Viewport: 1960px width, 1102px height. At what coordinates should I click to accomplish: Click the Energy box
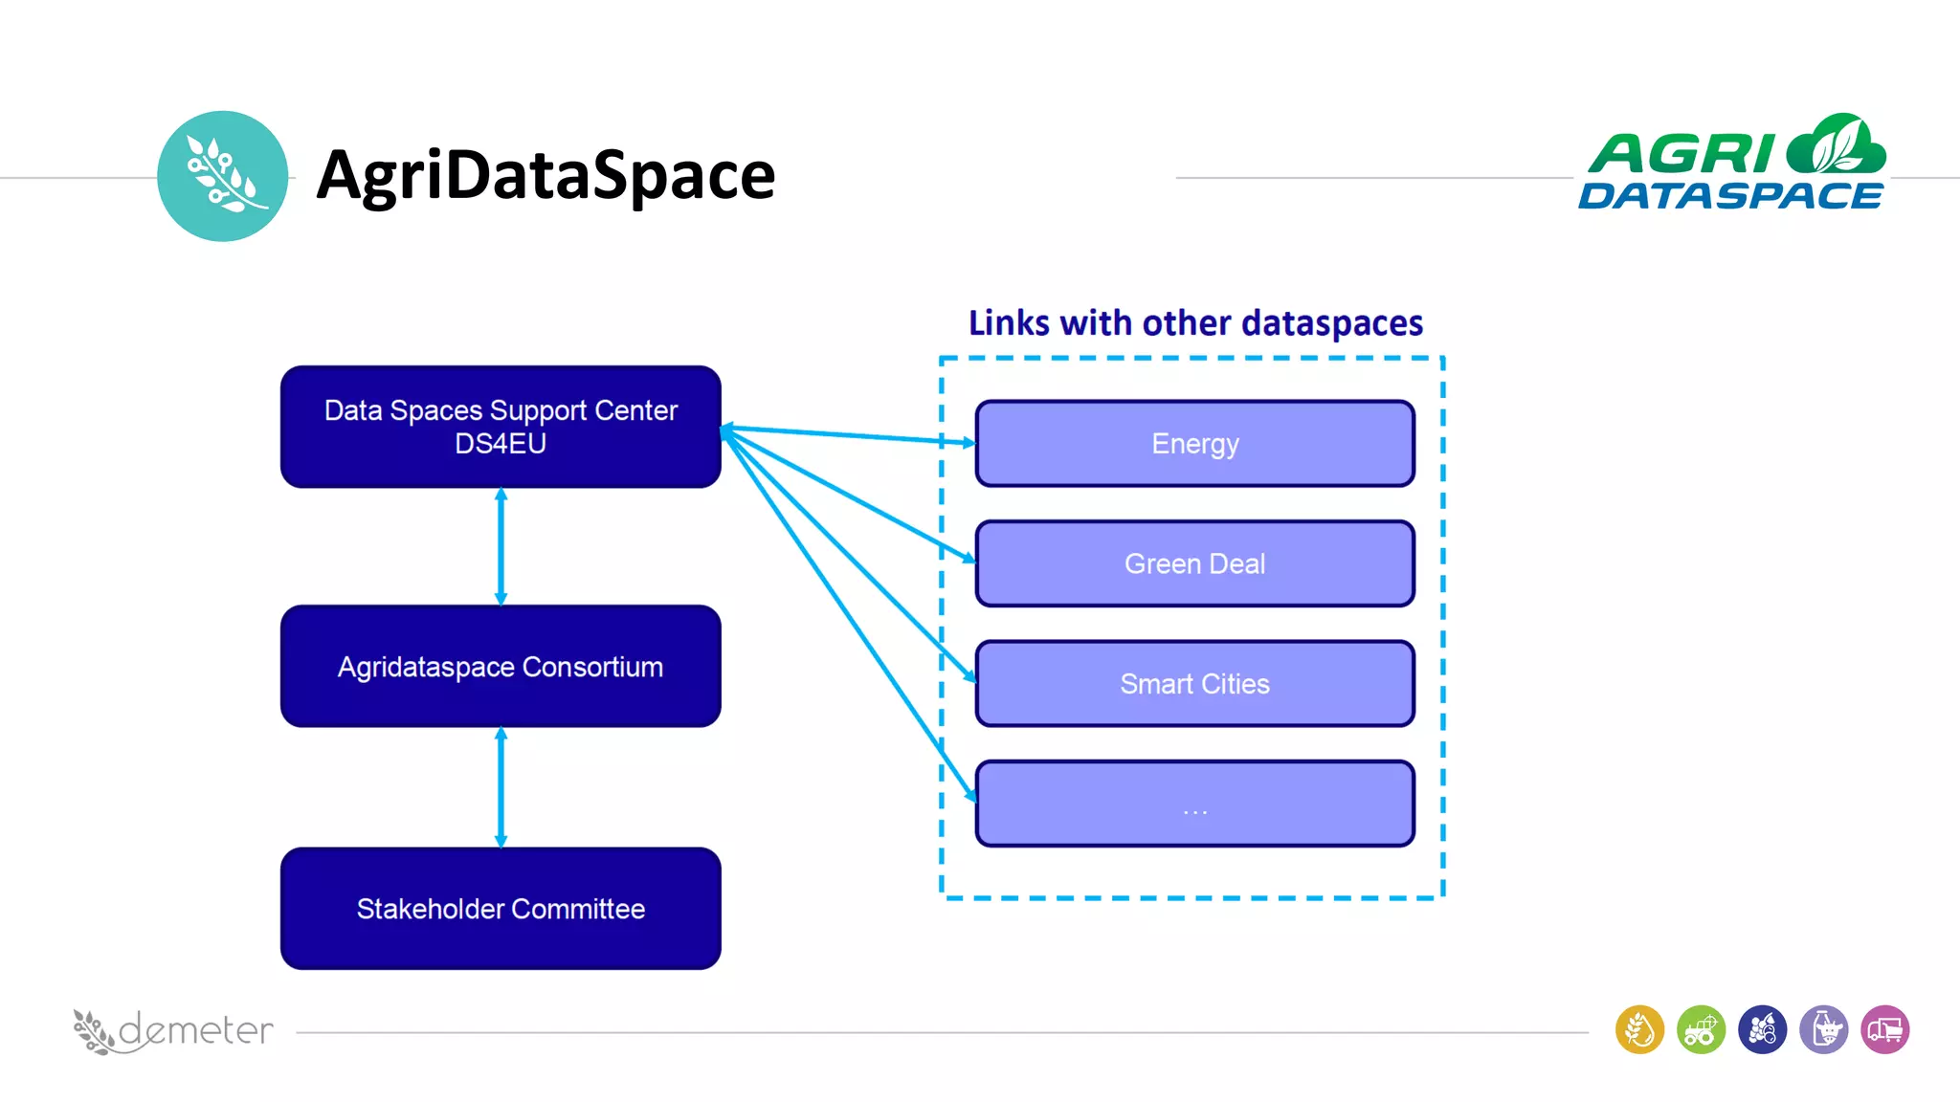1194,444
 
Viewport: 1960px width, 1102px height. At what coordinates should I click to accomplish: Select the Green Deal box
1194,563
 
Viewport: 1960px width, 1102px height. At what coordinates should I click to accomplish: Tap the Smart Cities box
1194,684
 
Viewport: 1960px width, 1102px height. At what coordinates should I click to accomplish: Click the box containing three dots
1194,804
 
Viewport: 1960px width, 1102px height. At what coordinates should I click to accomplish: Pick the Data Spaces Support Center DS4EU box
501,427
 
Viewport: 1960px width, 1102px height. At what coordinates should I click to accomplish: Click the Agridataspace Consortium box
501,666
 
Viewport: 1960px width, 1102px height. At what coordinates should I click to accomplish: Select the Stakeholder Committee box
501,908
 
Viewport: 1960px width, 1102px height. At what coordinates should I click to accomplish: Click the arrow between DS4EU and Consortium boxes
501,547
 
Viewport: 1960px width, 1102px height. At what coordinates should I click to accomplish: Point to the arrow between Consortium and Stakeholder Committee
501,787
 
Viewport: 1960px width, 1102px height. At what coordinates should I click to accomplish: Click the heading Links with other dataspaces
1195,323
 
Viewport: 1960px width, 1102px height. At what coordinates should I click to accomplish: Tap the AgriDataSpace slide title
546,175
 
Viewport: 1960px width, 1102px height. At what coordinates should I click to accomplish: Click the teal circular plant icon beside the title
222,176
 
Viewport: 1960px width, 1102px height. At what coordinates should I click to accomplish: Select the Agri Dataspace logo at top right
1731,164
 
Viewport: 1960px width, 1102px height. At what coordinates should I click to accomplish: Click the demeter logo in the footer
173,1031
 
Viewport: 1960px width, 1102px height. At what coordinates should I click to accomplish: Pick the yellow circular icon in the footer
1639,1030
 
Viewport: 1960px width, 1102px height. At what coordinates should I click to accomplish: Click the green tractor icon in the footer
1701,1030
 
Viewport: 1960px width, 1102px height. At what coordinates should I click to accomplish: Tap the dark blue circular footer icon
1762,1030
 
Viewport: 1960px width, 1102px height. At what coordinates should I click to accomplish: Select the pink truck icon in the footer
1884,1030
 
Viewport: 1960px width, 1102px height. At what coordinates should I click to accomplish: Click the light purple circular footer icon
1823,1030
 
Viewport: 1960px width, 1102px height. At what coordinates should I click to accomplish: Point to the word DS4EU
501,444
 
